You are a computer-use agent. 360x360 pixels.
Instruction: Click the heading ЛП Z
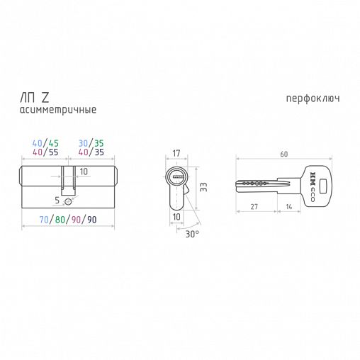(35, 98)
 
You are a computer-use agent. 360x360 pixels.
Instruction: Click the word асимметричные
(58, 110)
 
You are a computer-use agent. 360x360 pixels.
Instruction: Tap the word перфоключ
(313, 99)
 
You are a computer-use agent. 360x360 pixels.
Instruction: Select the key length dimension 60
(284, 154)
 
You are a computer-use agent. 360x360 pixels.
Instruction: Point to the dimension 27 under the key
(254, 207)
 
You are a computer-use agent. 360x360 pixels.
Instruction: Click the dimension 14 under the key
(289, 207)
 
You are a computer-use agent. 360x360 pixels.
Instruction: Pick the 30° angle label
(192, 234)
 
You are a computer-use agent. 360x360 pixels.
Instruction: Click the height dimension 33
(203, 186)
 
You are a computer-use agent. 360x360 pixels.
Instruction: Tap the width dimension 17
(176, 153)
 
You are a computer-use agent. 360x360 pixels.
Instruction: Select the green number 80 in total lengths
(60, 220)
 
